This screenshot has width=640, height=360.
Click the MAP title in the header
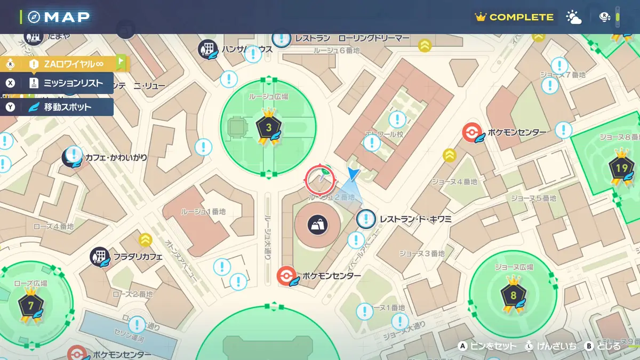click(67, 17)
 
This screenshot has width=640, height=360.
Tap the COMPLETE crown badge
click(515, 17)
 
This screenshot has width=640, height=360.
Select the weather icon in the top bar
click(574, 18)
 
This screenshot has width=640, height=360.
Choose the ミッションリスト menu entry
click(66, 83)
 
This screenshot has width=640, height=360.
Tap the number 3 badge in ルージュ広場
click(268, 127)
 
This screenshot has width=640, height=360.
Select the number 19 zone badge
click(621, 169)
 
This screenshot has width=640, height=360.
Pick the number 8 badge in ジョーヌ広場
click(513, 295)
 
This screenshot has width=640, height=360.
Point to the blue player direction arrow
click(353, 173)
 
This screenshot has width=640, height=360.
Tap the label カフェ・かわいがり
click(116, 158)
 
